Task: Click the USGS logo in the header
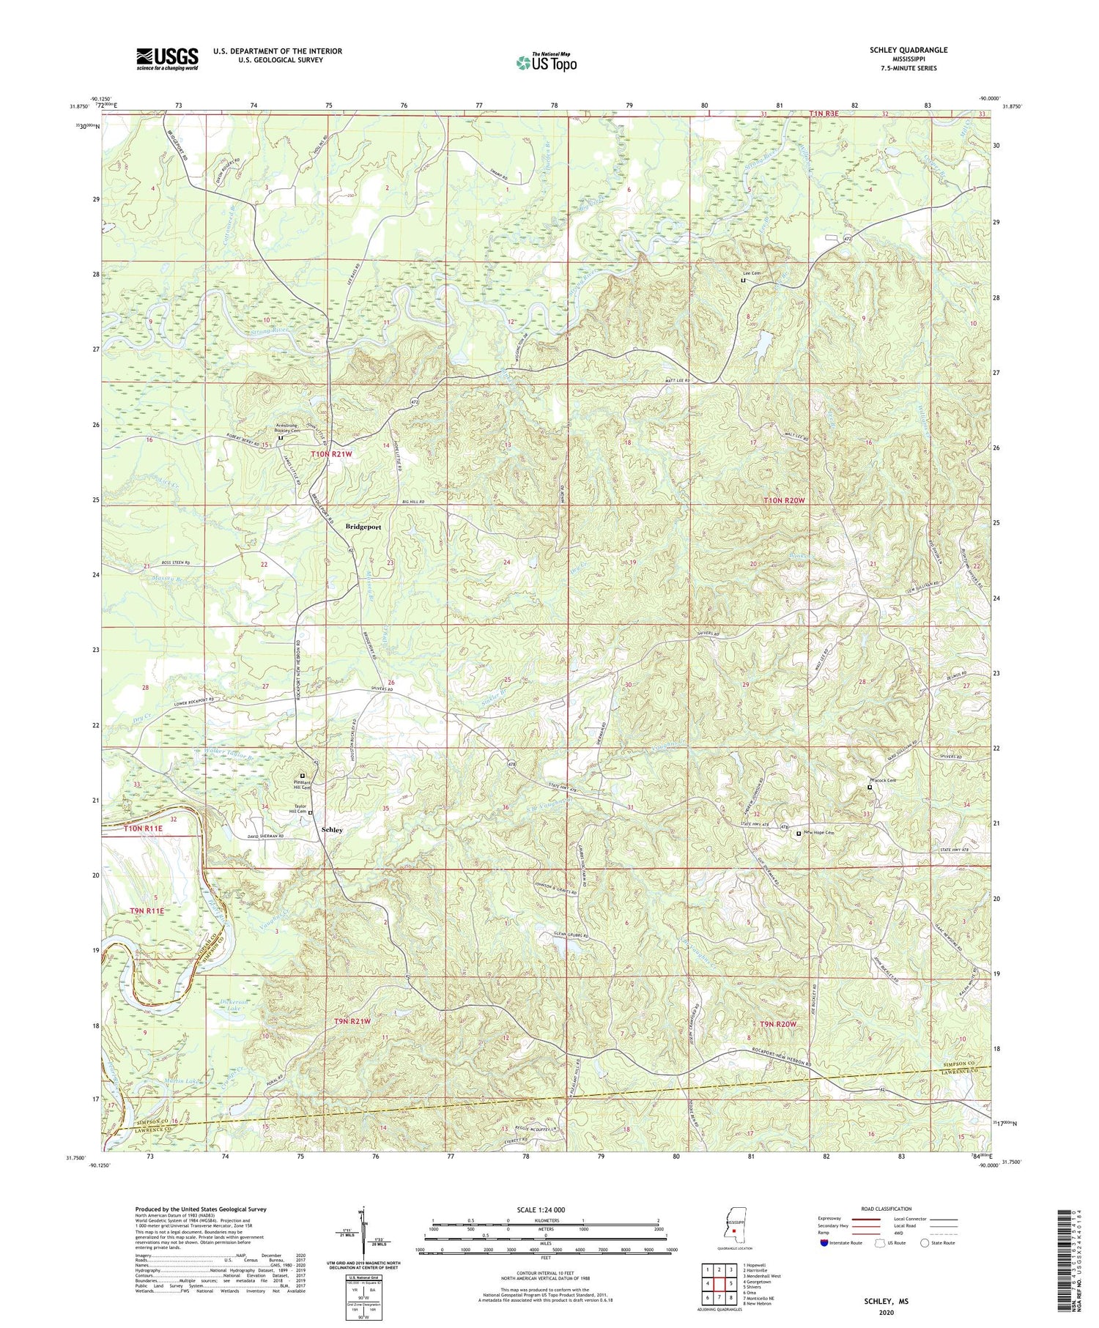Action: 167,59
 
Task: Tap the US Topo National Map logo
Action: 546,62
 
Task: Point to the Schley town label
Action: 332,829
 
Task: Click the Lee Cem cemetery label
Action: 756,272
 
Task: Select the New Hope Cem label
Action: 819,834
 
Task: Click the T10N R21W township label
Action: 331,454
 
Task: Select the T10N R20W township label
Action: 785,500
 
